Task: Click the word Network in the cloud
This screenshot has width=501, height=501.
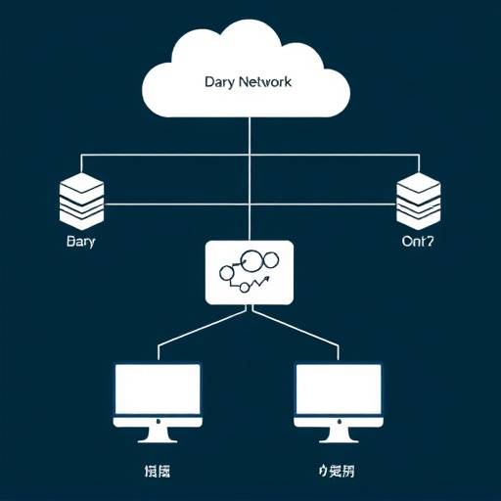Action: point(262,84)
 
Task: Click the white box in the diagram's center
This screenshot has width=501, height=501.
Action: point(250,271)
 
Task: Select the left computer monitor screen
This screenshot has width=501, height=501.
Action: point(157,389)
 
